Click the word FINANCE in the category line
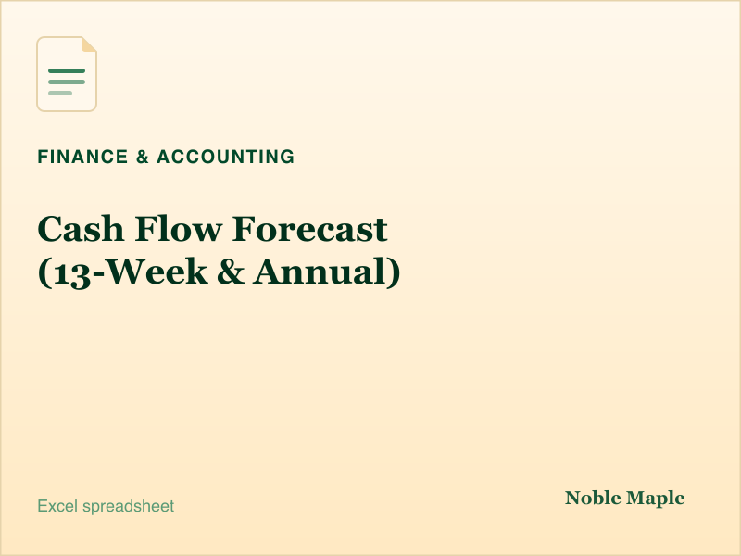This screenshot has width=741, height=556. tap(82, 157)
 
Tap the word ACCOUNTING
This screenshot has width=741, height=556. tap(226, 157)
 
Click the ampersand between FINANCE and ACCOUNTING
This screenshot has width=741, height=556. tap(143, 157)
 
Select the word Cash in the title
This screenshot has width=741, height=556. tap(81, 229)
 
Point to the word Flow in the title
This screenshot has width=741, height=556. tap(179, 229)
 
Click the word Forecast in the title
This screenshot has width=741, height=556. tap(310, 229)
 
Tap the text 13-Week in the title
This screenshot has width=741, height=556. tap(131, 272)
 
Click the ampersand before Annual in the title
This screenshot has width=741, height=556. tap(231, 272)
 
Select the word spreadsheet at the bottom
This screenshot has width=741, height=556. tap(129, 507)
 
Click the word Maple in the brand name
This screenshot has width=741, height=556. tap(656, 499)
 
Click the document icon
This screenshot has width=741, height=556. tap(67, 74)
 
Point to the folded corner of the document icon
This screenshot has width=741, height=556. tap(89, 44)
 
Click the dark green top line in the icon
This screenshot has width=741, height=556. tap(67, 71)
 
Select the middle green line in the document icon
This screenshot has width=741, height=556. tap(67, 82)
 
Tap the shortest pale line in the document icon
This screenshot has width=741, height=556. tap(60, 94)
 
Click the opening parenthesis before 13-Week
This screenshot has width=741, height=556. tap(45, 272)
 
